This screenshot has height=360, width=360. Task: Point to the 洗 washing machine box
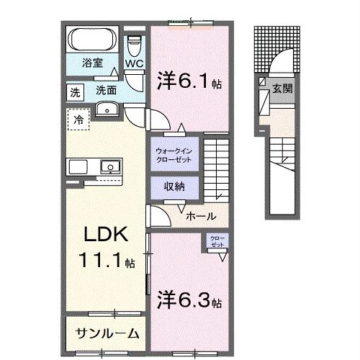click(76, 92)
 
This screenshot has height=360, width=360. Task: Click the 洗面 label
click(106, 91)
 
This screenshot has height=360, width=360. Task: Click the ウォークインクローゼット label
click(174, 156)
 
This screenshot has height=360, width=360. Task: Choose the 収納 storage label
click(173, 186)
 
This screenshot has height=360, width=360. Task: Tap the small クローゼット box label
click(217, 240)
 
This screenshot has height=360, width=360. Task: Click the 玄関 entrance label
click(282, 89)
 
